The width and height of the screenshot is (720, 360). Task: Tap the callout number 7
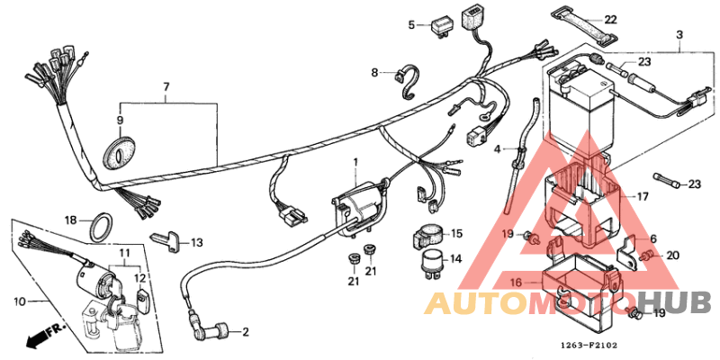tap(166, 87)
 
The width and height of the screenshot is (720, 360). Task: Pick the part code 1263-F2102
tap(591, 346)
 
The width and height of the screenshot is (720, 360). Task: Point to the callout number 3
tap(679, 34)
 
